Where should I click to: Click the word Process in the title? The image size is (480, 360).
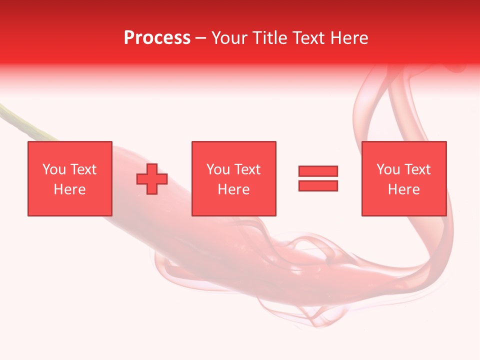[x=157, y=38]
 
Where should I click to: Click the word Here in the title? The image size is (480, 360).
[x=350, y=38]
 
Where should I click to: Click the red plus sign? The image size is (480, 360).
[x=152, y=179]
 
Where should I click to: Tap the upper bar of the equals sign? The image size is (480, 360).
[x=318, y=171]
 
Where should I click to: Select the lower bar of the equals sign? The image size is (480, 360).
[x=318, y=186]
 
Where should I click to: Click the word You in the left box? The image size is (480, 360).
[x=54, y=169]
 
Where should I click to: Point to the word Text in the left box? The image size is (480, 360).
[x=82, y=169]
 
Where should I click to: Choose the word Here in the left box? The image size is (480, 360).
[x=69, y=189]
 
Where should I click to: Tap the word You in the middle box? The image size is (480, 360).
[x=218, y=169]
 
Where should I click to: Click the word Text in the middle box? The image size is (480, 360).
[x=247, y=169]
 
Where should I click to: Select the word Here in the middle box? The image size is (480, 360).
[x=233, y=189]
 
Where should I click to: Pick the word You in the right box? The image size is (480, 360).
[x=388, y=169]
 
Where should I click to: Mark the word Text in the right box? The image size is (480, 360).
[x=417, y=169]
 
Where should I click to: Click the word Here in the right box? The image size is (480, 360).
[x=403, y=189]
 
